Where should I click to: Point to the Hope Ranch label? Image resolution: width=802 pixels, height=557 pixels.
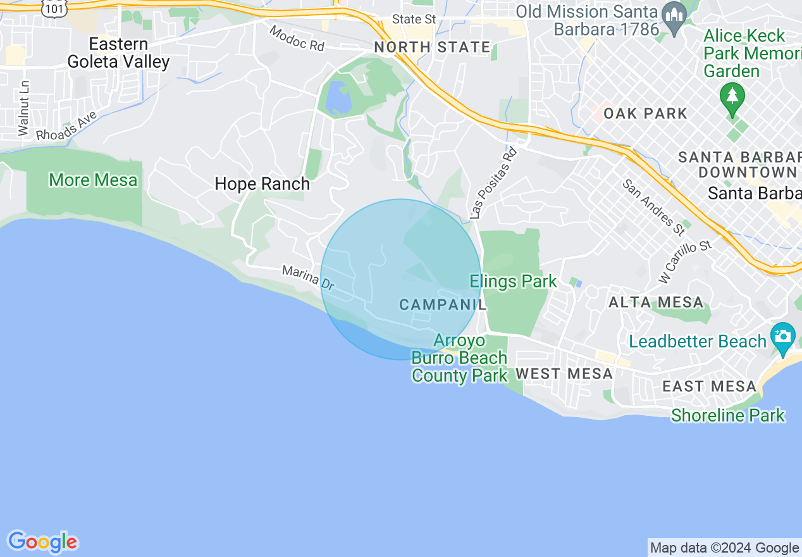[x=262, y=184]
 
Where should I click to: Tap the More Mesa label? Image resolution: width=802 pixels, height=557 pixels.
[x=93, y=180]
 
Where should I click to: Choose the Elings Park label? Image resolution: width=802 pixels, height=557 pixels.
[x=513, y=282]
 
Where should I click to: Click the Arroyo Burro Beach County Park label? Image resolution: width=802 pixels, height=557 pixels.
[x=459, y=358]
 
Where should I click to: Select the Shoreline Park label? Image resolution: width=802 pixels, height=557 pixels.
[x=727, y=416]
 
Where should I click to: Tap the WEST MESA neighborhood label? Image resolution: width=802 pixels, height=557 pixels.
[x=564, y=374]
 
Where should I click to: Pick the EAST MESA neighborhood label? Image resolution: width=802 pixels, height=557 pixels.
[x=709, y=386]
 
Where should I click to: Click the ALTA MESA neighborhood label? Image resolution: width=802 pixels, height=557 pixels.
[x=656, y=303]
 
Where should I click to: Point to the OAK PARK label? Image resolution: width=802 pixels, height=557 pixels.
[x=645, y=114]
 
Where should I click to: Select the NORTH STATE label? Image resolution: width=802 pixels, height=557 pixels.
[x=432, y=47]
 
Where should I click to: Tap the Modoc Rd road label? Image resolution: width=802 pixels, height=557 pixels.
[x=296, y=39]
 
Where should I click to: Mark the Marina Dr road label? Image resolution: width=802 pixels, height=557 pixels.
[x=308, y=278]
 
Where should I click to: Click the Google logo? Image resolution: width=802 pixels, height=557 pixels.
[x=42, y=542]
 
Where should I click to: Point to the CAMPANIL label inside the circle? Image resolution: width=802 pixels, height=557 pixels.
[x=443, y=305]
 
